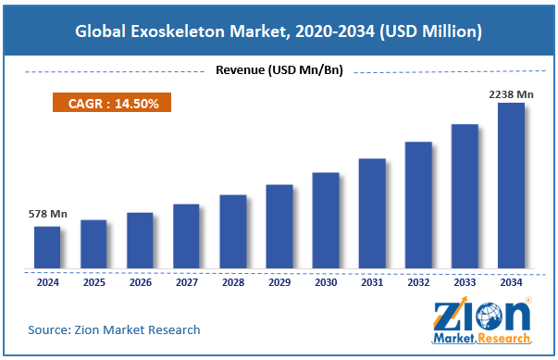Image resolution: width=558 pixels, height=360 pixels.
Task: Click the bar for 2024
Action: [47, 247]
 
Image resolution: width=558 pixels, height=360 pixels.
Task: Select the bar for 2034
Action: [512, 185]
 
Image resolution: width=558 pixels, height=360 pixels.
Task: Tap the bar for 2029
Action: [279, 227]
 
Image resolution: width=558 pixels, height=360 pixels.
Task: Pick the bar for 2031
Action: [372, 213]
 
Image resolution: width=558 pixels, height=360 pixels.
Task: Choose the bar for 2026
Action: [140, 241]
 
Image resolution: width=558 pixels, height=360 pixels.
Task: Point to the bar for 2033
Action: [465, 195]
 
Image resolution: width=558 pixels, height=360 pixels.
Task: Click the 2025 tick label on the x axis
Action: [93, 282]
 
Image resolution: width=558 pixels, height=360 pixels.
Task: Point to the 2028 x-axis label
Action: [232, 282]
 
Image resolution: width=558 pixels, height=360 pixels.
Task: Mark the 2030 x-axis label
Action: [326, 282]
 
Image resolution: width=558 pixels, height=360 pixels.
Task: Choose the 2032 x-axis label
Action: [418, 282]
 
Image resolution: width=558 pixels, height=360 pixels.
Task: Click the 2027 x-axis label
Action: [186, 282]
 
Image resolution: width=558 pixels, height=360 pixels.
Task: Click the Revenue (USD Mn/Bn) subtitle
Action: [279, 70]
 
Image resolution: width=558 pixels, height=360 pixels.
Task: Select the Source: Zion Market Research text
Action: [114, 329]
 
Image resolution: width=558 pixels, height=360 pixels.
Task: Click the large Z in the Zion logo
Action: [451, 316]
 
